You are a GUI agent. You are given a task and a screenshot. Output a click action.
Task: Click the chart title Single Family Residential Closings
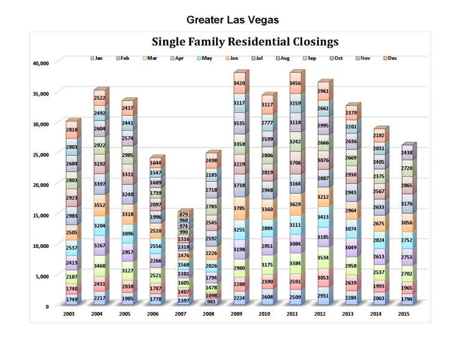click(245, 42)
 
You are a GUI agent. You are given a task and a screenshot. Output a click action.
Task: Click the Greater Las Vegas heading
click(232, 20)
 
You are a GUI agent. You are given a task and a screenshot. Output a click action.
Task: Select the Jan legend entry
click(96, 58)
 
